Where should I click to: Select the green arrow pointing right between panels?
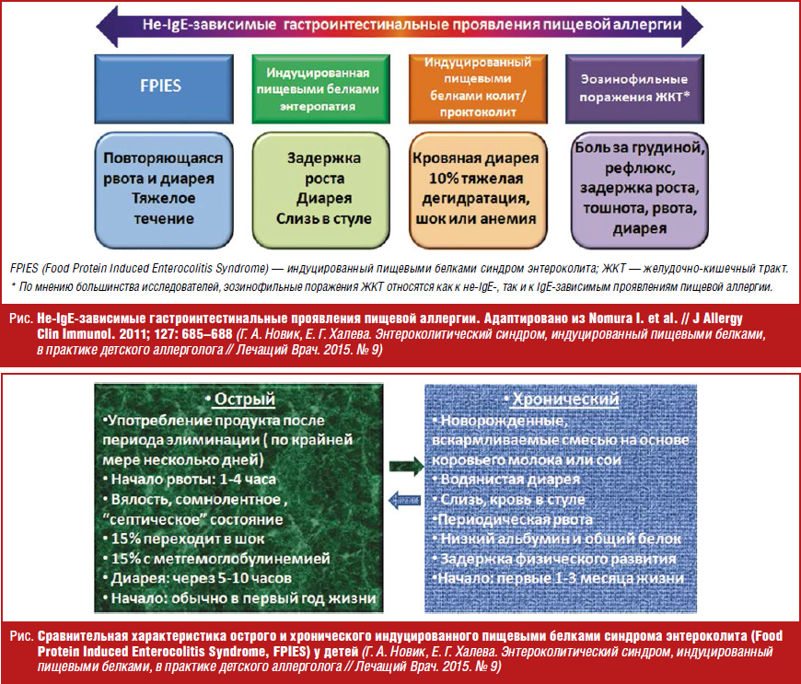(401, 466)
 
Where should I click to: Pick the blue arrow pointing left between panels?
(400, 499)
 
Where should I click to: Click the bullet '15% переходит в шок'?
(184, 537)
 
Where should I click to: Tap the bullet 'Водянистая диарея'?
(508, 480)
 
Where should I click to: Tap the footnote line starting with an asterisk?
(395, 287)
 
